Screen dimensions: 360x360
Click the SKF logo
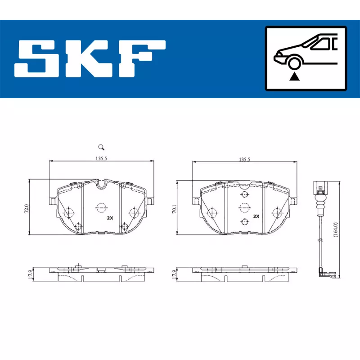(90, 58)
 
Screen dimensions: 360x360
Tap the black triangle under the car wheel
(294, 76)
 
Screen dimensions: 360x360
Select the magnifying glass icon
(101, 147)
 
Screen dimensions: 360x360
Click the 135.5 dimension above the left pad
(101, 158)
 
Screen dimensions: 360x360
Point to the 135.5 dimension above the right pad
(244, 159)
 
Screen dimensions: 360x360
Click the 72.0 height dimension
(27, 208)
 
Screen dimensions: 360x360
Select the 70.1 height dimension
(175, 209)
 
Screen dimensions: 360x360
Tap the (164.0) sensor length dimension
(335, 230)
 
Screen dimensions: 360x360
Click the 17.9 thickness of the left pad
(30, 274)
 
